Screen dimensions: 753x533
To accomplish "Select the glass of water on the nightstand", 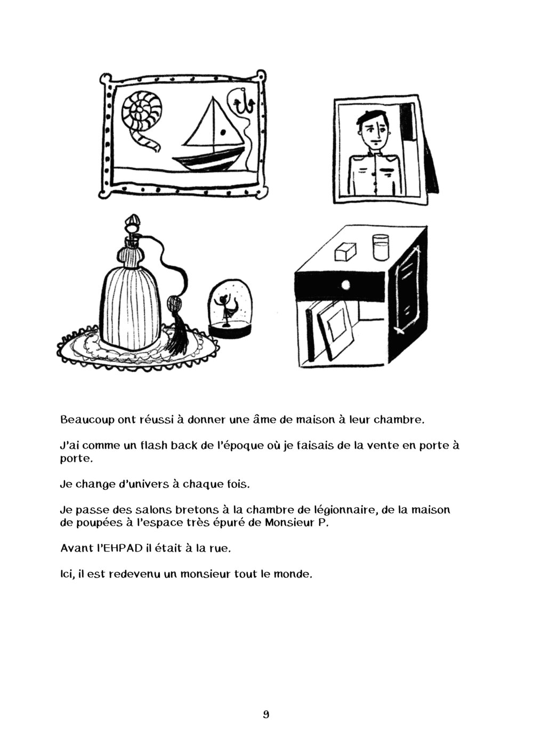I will [x=381, y=247].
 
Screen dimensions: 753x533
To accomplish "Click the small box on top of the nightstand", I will [x=344, y=251].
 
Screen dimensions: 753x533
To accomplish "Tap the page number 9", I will [x=266, y=715].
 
